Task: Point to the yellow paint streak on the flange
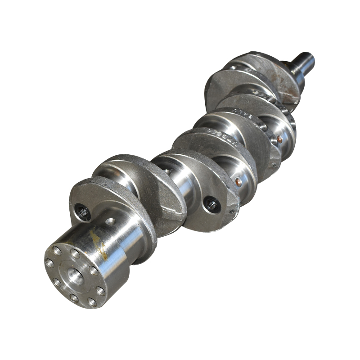pyautogui.click(x=99, y=245)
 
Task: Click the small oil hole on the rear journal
pyautogui.click(x=109, y=221)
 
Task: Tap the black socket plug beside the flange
pyautogui.click(x=82, y=212)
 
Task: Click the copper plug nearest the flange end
pyautogui.click(x=237, y=182)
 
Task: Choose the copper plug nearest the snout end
pyautogui.click(x=279, y=139)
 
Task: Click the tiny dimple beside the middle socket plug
pyautogui.click(x=231, y=211)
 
